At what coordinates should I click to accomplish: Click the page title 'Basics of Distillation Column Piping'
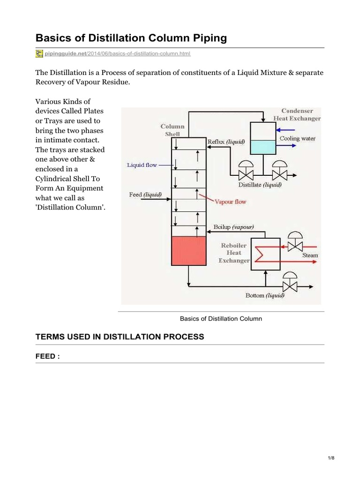(x=131, y=38)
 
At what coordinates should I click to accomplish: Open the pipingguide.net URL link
(x=118, y=54)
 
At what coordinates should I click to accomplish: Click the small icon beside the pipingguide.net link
(x=39, y=54)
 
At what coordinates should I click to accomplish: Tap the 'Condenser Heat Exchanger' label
(x=297, y=115)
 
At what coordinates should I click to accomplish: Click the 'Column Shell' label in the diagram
(x=172, y=130)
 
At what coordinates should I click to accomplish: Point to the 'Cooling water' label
(x=298, y=138)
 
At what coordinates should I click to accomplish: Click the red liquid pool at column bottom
(x=188, y=251)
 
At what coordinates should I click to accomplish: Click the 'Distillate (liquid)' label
(x=260, y=185)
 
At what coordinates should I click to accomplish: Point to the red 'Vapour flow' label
(x=230, y=202)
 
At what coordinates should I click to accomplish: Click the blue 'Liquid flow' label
(x=142, y=165)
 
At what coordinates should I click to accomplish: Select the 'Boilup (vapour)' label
(x=233, y=227)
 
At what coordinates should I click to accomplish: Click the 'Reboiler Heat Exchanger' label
(x=234, y=253)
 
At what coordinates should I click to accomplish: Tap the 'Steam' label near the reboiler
(x=310, y=255)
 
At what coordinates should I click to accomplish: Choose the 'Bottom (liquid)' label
(x=265, y=295)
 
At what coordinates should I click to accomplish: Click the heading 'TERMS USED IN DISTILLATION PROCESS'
(x=120, y=337)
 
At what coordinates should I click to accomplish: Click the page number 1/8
(x=331, y=458)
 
